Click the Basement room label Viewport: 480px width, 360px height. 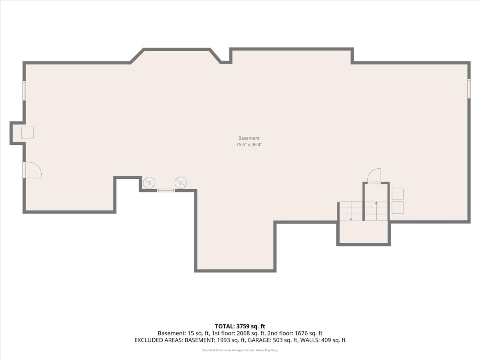pos(249,138)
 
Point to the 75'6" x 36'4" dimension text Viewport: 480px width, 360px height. pos(249,145)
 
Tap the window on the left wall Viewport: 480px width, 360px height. pos(24,91)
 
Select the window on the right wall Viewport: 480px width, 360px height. pos(469,88)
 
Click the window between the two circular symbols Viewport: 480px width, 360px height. pos(166,190)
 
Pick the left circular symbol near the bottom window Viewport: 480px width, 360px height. pos(149,183)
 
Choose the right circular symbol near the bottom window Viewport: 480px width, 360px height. pos(181,183)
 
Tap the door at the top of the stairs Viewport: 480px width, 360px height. pos(375,176)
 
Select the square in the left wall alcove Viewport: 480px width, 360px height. pos(27,133)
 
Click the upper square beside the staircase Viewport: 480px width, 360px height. pos(398,194)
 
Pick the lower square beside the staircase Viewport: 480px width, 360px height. pos(398,208)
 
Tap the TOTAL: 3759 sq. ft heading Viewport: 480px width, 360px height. pos(240,326)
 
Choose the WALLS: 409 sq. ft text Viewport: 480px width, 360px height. pos(323,340)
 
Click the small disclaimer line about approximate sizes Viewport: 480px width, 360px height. pos(240,350)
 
